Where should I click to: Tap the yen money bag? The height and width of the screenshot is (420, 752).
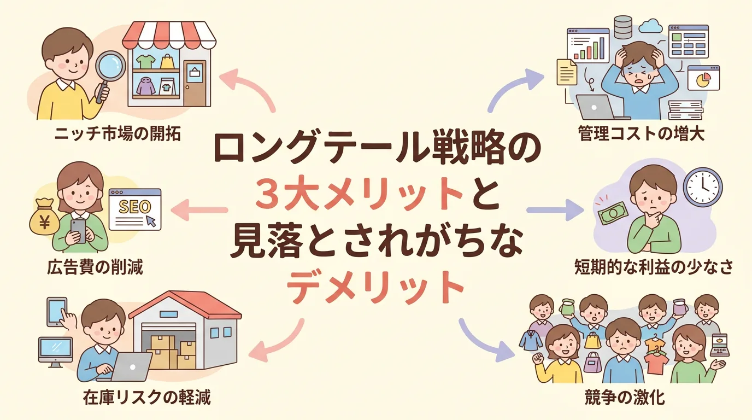coord(44,218)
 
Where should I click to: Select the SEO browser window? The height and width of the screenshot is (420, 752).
coord(135,209)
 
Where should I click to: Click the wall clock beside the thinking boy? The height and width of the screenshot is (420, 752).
coord(703,187)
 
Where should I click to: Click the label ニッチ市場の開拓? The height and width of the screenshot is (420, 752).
coord(117,134)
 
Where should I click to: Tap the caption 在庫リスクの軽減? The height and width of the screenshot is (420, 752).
coord(146,398)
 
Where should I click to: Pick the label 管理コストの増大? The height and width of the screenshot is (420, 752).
coord(641,134)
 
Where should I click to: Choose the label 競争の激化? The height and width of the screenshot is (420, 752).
coord(625,398)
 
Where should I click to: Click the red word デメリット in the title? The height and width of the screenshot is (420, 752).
coord(375,287)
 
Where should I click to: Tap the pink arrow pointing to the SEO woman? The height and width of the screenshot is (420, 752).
coord(199,210)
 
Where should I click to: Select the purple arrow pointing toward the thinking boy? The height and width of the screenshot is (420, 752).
coord(555,210)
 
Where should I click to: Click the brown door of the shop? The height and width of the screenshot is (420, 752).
coord(195,83)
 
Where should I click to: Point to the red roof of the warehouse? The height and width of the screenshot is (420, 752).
coord(185,305)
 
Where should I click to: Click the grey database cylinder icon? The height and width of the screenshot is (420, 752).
coord(622,27)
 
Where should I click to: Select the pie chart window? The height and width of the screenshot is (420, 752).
coord(704,78)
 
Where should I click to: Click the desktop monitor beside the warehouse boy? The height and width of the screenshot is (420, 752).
coord(55,352)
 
